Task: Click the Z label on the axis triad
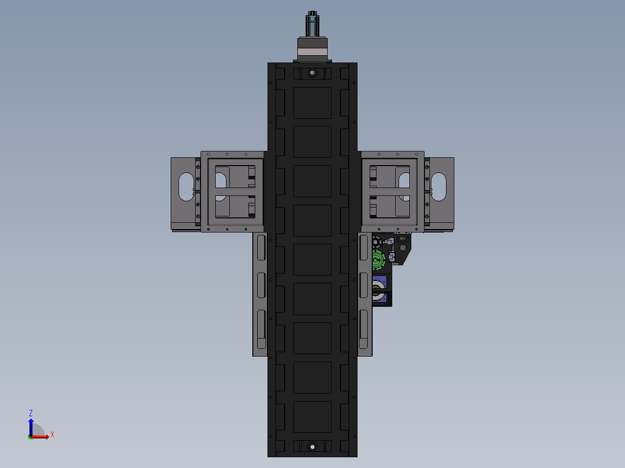coord(31,413)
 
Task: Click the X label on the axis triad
coord(52,434)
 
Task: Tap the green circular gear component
coord(379,260)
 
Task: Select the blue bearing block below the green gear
coord(379,290)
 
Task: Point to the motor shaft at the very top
coord(312,24)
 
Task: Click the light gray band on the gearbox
coord(312,52)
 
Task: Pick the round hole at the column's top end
coord(312,73)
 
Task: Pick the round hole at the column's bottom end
coord(312,447)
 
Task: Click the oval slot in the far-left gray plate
coord(186,187)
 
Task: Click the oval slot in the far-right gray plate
coord(439,187)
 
